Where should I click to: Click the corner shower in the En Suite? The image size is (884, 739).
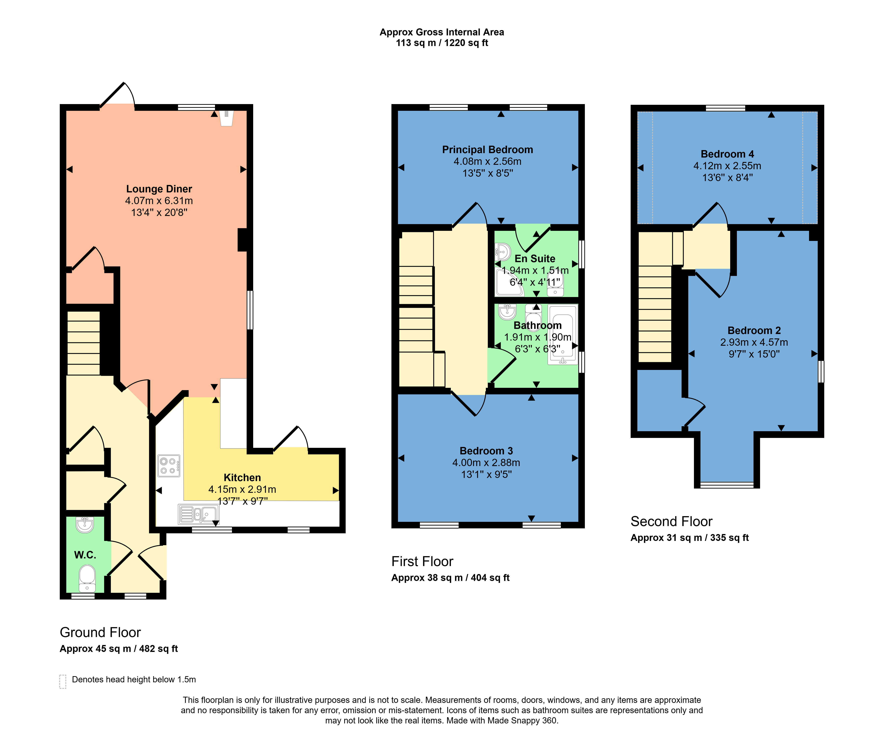point(510,282)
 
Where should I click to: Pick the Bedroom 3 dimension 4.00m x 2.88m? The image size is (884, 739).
point(486,463)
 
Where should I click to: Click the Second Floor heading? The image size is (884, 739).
point(671,522)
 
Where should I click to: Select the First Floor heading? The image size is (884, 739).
point(422,562)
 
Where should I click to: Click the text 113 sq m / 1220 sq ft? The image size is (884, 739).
point(442,43)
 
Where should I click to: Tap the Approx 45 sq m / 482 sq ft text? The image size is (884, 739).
point(119,649)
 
